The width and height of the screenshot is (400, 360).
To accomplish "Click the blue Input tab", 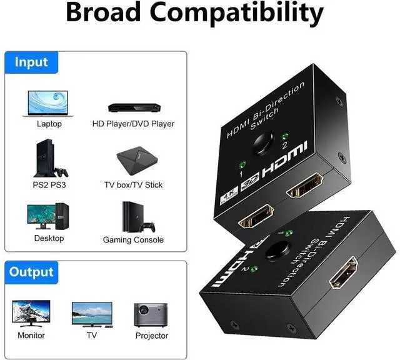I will point(31,62).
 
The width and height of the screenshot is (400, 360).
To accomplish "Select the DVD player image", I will point(132,107).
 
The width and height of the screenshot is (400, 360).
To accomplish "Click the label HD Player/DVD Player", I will point(133,124).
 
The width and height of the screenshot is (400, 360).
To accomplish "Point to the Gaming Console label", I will point(133,240).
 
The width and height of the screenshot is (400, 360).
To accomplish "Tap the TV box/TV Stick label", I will point(133,185).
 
